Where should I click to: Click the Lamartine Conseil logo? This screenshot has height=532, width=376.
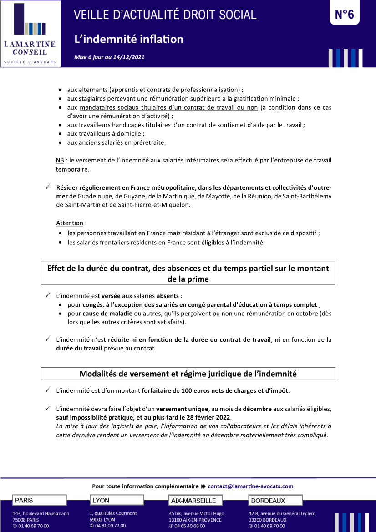pyautogui.click(x=30, y=34)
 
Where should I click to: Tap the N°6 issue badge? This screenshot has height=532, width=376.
pyautogui.click(x=344, y=15)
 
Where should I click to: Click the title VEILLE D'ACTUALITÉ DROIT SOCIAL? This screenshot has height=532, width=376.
pyautogui.click(x=165, y=15)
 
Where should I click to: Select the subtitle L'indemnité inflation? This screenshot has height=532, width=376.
pyautogui.click(x=129, y=39)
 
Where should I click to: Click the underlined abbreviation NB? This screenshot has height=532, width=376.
pyautogui.click(x=60, y=161)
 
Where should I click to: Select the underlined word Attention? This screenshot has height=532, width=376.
pyautogui.click(x=70, y=223)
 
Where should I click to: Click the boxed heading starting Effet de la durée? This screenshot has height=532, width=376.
pyautogui.click(x=188, y=273)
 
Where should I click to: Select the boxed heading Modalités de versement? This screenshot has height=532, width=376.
pyautogui.click(x=188, y=374)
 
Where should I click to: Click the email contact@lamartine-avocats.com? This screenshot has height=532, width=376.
pyautogui.click(x=250, y=486)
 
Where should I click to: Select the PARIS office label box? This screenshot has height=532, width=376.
pyautogui.click(x=39, y=500)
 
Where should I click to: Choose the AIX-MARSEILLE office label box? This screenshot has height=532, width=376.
pyautogui.click(x=196, y=501)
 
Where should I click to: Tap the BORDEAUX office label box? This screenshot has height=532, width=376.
pyautogui.click(x=275, y=500)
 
